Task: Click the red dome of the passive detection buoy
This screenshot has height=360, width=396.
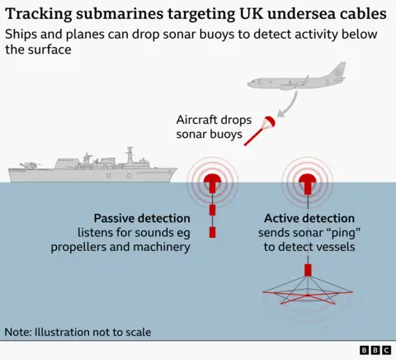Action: click(213, 179)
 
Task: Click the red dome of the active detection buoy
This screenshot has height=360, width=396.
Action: click(308, 179)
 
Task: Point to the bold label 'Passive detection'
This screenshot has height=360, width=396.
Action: click(141, 218)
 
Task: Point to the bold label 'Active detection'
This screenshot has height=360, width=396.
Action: click(309, 218)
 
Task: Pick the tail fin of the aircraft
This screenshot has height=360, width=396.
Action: click(337, 69)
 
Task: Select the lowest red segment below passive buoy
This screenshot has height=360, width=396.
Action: click(213, 232)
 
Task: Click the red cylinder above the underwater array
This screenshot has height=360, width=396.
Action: click(308, 270)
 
